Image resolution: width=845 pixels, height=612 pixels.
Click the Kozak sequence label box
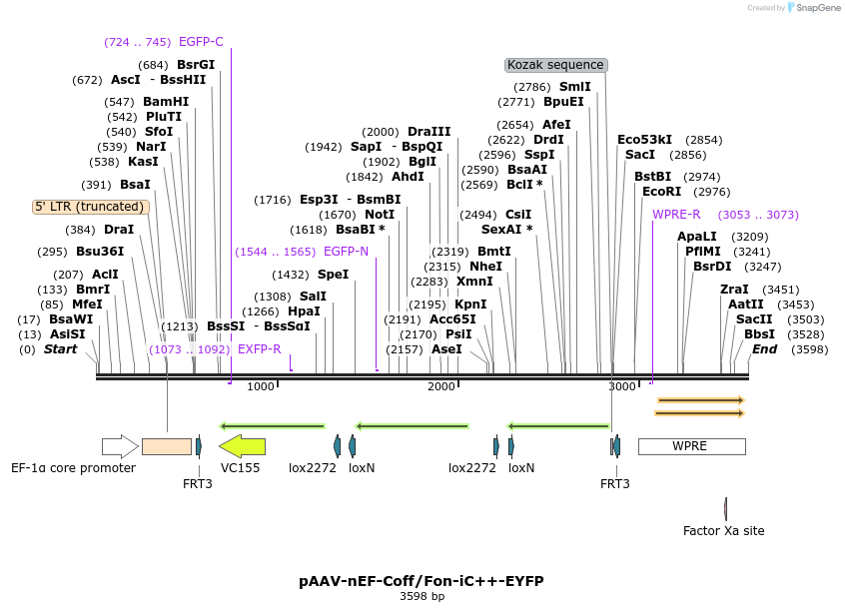pos(556,65)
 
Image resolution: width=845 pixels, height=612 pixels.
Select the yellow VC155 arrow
pos(243,446)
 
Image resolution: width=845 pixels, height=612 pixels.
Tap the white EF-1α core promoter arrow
pos(120,446)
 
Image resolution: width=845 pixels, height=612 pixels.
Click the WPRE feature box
pos(691,446)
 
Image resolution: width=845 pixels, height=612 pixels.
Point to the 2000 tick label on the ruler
pos(441,387)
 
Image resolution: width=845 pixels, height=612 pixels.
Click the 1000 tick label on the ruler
pos(261,387)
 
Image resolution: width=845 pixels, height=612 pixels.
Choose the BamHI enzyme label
pos(166,102)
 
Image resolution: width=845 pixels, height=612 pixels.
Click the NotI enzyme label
pos(379,215)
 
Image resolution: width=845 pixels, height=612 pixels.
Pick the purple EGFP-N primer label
pos(346,252)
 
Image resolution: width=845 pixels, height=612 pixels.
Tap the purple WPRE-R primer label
pos(676,215)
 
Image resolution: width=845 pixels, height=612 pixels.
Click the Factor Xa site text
pos(724,531)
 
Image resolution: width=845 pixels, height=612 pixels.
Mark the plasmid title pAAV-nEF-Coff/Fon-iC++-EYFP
pos(422,581)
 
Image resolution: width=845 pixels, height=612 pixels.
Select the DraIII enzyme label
pos(429,132)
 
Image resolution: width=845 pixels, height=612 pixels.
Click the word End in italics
pos(765,349)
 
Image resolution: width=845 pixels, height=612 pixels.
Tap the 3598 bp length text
pos(422,597)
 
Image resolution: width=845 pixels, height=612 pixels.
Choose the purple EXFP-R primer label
pos(260,349)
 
